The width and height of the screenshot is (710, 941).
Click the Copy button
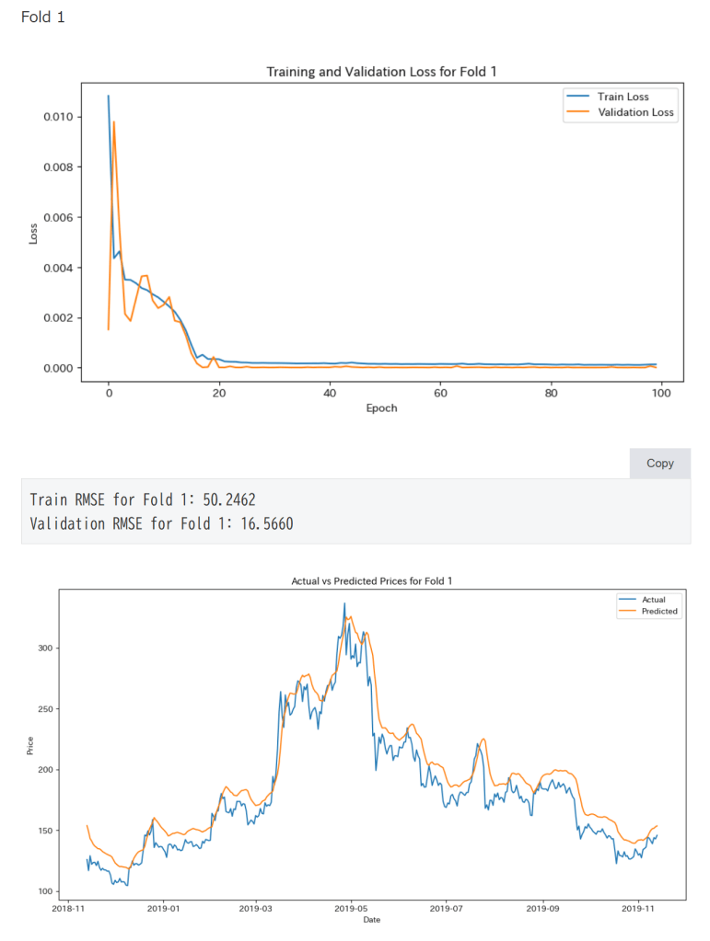[x=659, y=463]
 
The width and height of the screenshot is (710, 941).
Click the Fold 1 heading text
[x=42, y=17]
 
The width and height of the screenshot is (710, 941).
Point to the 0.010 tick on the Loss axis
[x=59, y=117]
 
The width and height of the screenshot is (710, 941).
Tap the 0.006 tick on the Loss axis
[x=59, y=217]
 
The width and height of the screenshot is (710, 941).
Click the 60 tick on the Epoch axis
[x=440, y=393]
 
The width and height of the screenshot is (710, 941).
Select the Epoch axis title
[x=381, y=407]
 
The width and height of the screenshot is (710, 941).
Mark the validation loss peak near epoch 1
[x=113, y=122]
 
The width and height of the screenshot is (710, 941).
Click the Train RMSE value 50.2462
[x=228, y=499]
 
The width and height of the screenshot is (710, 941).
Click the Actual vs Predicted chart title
[x=372, y=580]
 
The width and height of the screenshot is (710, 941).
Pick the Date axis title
[x=372, y=919]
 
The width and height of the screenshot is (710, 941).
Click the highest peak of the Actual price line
[x=344, y=603]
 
